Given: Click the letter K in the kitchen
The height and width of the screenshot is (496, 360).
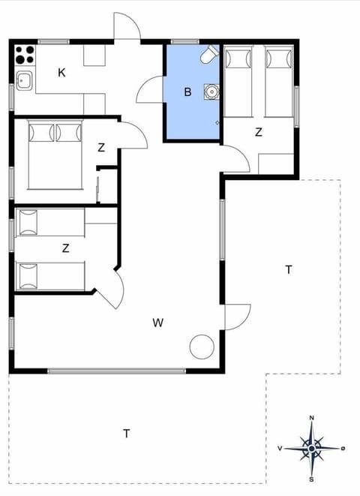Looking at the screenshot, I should pyautogui.click(x=61, y=73).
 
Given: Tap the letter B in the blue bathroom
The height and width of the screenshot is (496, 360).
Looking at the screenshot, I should pyautogui.click(x=187, y=92).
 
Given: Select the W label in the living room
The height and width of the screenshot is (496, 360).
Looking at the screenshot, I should pyautogui.click(x=157, y=323).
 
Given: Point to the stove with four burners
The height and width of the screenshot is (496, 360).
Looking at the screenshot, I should pyautogui.click(x=25, y=55).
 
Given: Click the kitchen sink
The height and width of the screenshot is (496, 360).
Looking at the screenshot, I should pyautogui.click(x=23, y=80).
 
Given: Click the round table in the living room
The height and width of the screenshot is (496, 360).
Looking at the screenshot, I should pyautogui.click(x=202, y=346).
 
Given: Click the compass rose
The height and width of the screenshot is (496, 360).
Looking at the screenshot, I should pyautogui.click(x=311, y=449).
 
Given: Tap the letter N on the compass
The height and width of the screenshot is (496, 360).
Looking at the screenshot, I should pyautogui.click(x=311, y=419).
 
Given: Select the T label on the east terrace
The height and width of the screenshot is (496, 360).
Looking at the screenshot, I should pyautogui.click(x=288, y=270).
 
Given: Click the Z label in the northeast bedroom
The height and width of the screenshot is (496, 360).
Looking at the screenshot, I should pyautogui.click(x=259, y=133).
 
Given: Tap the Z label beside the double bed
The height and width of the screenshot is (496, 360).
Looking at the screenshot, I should pyautogui.click(x=101, y=148).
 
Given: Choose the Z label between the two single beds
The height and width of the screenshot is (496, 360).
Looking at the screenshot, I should pyautogui.click(x=66, y=248).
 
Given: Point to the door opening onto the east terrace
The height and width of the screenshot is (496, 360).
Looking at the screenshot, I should pyautogui.click(x=236, y=316).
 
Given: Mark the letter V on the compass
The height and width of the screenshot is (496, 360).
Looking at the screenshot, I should pyautogui.click(x=280, y=449).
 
